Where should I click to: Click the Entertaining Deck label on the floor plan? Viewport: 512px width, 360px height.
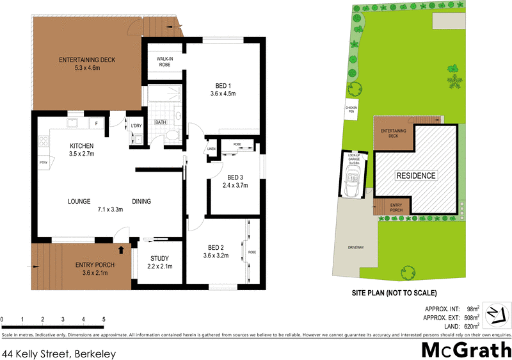(x=87, y=60)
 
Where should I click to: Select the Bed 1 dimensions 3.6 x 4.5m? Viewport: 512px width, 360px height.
(x=223, y=94)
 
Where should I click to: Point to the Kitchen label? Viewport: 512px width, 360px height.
(x=82, y=145)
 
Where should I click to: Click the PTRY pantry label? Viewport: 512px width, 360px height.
(x=44, y=163)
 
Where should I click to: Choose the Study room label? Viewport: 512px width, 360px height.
(x=160, y=259)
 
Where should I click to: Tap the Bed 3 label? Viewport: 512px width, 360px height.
(x=235, y=177)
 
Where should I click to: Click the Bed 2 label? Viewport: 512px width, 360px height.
(x=215, y=247)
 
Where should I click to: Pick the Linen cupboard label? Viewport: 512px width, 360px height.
(x=212, y=149)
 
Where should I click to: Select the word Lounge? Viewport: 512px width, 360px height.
(x=80, y=202)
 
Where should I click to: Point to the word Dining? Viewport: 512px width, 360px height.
(x=141, y=202)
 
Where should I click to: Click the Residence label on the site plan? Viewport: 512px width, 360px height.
(x=416, y=176)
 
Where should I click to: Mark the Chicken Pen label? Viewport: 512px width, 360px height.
(x=351, y=110)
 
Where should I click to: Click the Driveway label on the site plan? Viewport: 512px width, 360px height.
(x=356, y=247)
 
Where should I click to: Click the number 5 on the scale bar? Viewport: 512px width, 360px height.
(x=104, y=319)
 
